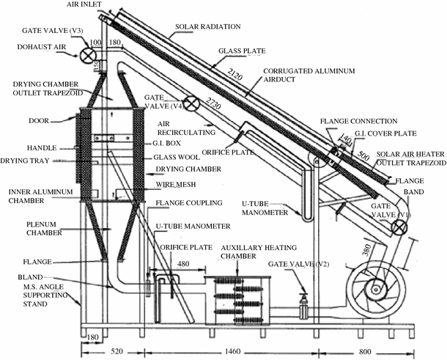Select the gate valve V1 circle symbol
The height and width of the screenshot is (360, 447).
(x=399, y=227)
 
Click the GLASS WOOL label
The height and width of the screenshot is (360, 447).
(x=174, y=157)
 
